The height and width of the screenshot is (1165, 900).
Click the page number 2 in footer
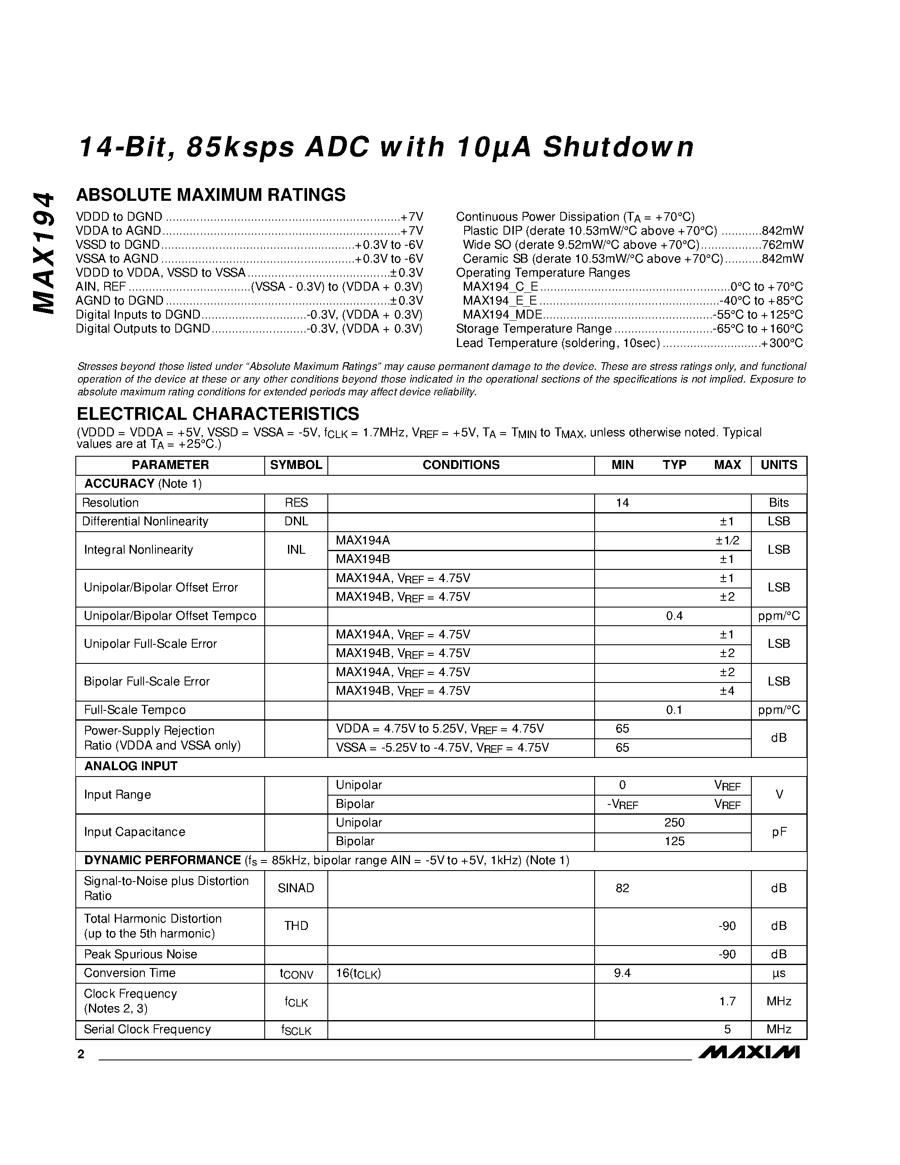point(81,1054)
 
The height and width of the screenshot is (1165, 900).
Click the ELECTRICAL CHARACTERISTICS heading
point(218,413)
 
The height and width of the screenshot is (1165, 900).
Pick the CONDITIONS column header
point(461,465)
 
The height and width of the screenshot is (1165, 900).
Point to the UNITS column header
point(778,465)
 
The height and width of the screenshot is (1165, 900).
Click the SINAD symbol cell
point(296,888)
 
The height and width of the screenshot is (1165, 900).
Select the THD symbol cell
point(296,926)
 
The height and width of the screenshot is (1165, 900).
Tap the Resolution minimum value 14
point(622,502)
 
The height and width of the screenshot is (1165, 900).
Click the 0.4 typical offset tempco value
point(674,616)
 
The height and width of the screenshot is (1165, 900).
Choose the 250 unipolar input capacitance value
point(674,823)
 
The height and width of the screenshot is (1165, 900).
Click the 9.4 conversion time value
point(622,973)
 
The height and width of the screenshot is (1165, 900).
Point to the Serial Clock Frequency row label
point(147,1029)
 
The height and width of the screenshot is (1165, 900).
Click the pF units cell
point(778,832)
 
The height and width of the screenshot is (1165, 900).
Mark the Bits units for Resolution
point(778,502)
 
